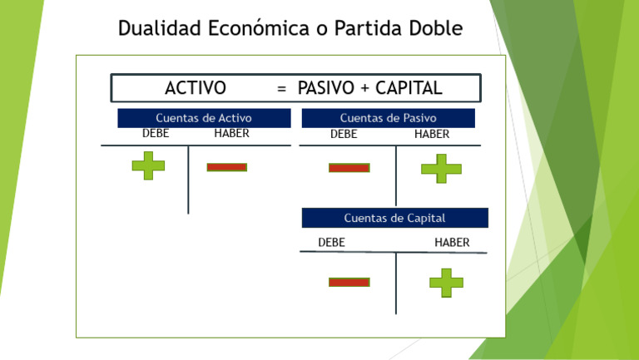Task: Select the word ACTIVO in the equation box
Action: [196, 88]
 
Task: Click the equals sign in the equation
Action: [282, 89]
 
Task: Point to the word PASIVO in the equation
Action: [326, 88]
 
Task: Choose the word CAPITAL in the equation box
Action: [409, 88]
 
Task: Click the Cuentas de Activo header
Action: [204, 118]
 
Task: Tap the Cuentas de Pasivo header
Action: [388, 118]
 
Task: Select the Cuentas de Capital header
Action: [394, 218]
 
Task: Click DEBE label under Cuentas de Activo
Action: [156, 133]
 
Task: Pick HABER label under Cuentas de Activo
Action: [231, 133]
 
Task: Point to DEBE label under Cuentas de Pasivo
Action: [344, 134]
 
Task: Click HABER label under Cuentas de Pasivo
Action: [432, 134]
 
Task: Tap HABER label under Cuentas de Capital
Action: [452, 243]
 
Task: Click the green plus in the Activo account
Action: [148, 165]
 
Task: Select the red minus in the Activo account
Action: [226, 167]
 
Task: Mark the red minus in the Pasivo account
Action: [349, 168]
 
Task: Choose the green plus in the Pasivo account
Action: [441, 169]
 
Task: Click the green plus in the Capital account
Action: [446, 283]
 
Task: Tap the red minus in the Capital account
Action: [349, 283]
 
